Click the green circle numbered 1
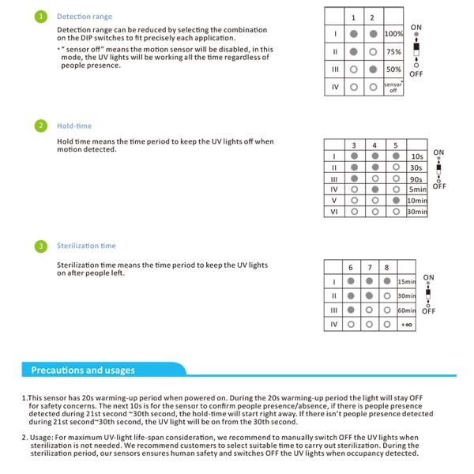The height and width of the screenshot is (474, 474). [41, 17]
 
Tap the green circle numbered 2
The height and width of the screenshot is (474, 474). [41, 126]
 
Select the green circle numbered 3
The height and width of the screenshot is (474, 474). [41, 246]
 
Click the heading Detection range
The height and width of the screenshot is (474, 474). [85, 17]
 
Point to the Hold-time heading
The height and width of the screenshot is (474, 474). [74, 126]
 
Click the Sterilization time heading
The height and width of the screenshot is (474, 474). [86, 246]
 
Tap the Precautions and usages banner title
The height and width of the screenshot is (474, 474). [83, 370]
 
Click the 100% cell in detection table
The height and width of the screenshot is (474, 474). [393, 35]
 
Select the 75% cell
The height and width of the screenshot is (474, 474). [393, 52]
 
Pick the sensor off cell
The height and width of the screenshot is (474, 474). [393, 86]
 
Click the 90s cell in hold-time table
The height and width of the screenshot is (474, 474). [416, 179]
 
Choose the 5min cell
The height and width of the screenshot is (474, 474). [416, 190]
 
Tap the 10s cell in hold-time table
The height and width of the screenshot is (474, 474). [416, 156]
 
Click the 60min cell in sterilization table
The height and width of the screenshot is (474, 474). [406, 310]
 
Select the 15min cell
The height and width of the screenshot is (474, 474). [406, 282]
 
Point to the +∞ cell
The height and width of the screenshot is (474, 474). [406, 325]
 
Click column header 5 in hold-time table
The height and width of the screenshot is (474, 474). [395, 145]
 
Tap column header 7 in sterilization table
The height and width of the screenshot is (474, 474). [369, 267]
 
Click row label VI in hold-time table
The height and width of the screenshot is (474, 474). [333, 212]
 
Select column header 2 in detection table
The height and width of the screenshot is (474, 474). [372, 17]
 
